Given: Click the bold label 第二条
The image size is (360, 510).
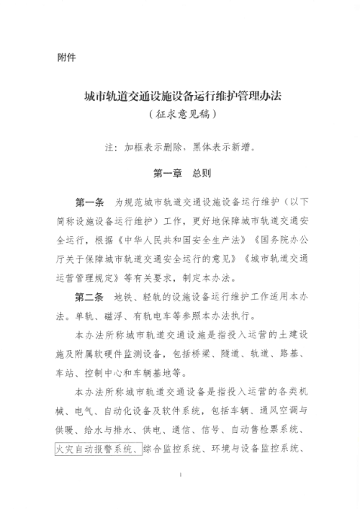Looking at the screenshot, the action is pyautogui.click(x=90, y=297).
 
